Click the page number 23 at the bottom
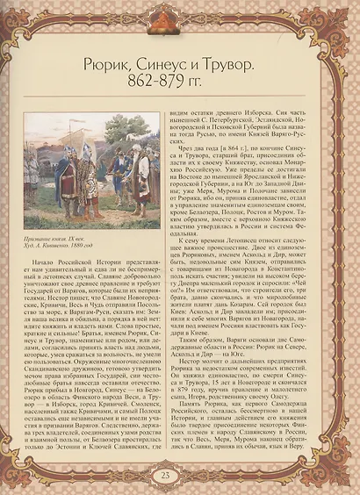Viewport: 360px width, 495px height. (x=179, y=476)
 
